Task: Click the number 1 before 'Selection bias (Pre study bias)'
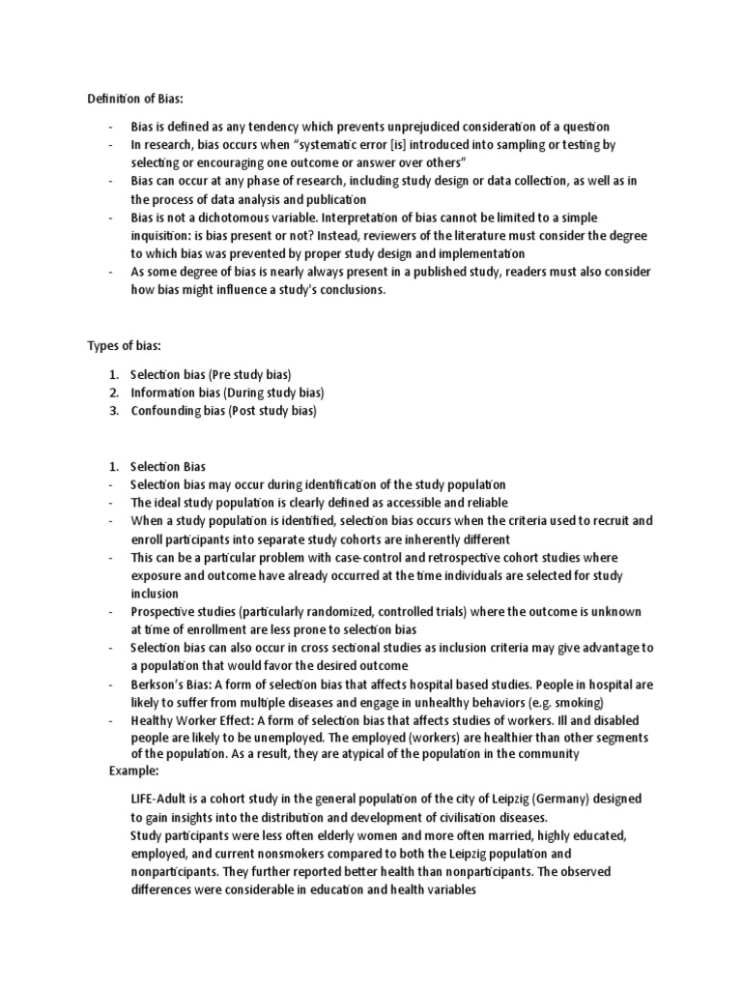pos(114,373)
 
